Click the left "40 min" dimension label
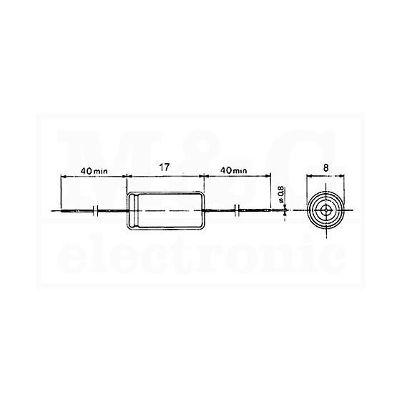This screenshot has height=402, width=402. coord(94,171)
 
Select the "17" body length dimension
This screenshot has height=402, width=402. coord(165,167)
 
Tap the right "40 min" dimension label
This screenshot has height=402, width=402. coord(234,170)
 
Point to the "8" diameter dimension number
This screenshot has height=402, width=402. coord(325,168)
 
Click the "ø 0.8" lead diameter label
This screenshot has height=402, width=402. coord(281,195)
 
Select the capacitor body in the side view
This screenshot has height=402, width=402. coord(166,211)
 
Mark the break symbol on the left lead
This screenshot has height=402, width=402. coord(96,211)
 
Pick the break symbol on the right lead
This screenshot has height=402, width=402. coord(237,211)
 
